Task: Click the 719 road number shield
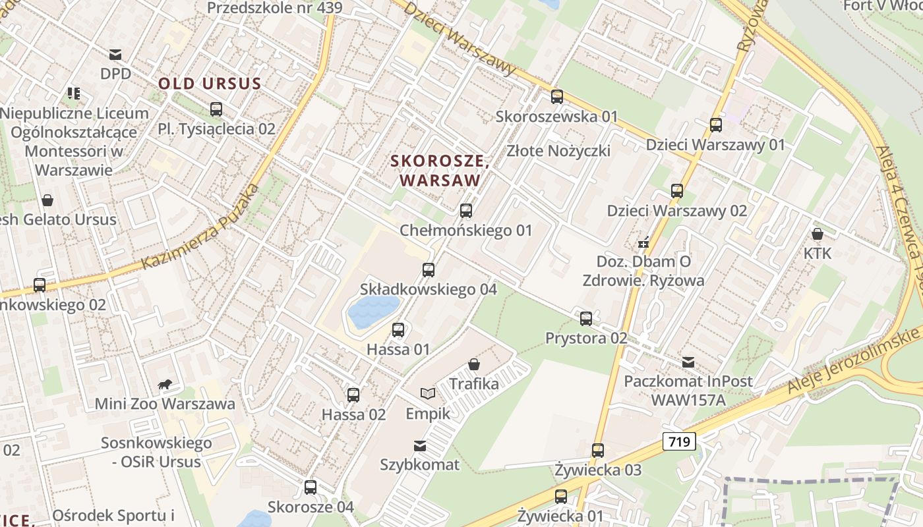(678, 441)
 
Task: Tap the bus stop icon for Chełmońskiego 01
(466, 211)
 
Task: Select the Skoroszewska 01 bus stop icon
(557, 97)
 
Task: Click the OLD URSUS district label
(210, 84)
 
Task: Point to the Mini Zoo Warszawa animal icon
(165, 384)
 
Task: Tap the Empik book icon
(428, 393)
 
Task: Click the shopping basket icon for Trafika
(473, 364)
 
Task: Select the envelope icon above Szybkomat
(419, 446)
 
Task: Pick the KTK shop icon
(818, 234)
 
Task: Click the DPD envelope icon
(115, 54)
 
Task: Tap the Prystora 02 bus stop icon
(586, 319)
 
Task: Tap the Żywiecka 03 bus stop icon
(598, 451)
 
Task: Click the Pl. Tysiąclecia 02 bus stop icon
(216, 109)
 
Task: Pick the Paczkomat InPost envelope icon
(688, 362)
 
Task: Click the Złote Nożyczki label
(558, 151)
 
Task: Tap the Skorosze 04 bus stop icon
(311, 487)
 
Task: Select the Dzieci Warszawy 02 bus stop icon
(677, 191)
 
